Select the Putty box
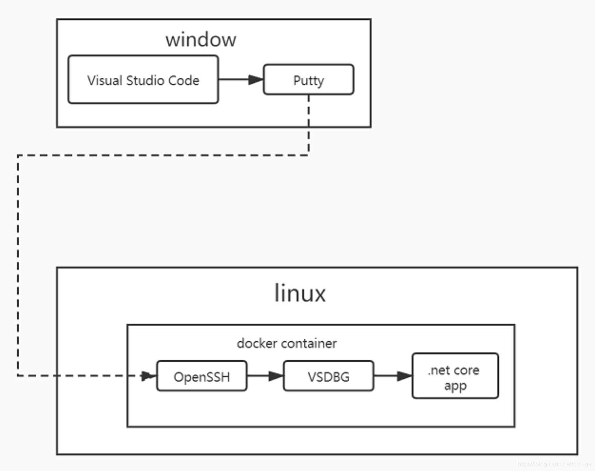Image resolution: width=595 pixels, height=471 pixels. [309, 80]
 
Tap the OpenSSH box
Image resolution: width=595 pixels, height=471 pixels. [202, 376]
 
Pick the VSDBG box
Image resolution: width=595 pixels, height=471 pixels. [328, 376]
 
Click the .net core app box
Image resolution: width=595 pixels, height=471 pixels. [455, 376]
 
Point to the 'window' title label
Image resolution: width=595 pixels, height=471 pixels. [201, 40]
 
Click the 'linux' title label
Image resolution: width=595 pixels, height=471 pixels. [300, 293]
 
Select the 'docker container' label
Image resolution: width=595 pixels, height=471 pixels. [286, 343]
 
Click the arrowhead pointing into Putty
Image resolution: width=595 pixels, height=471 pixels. [255, 80]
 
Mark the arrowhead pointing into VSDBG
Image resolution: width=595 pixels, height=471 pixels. [275, 376]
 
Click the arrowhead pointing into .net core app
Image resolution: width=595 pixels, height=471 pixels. [404, 376]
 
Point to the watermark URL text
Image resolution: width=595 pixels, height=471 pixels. [554, 464]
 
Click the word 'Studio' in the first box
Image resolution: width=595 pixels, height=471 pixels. [145, 80]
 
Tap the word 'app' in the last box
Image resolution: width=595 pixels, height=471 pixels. [455, 386]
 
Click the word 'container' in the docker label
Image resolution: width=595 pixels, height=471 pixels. [309, 343]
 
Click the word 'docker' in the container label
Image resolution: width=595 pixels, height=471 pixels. [257, 343]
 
